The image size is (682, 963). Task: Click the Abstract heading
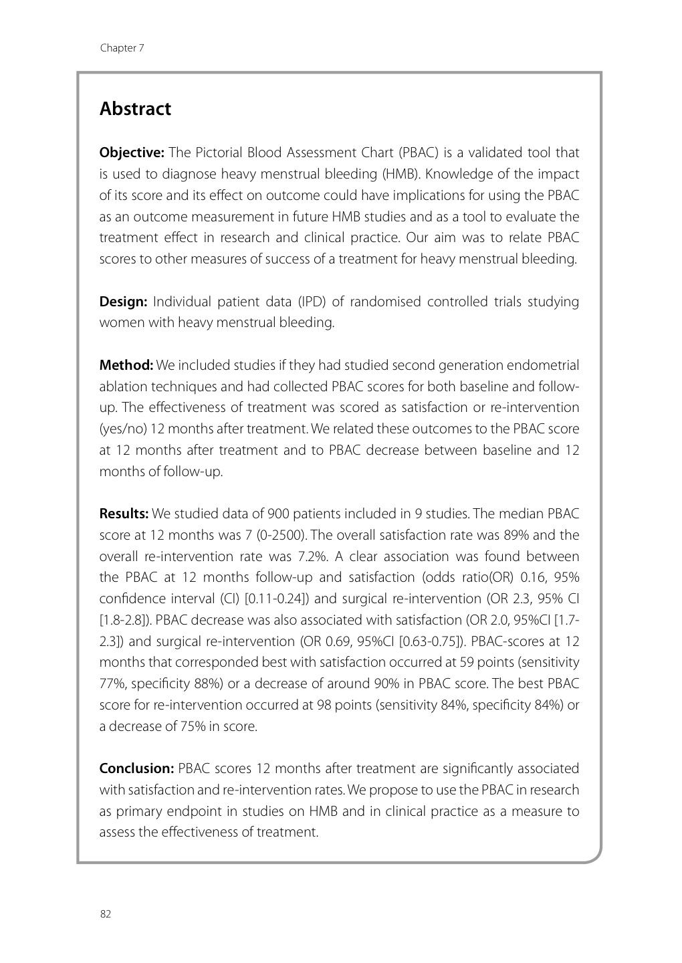(135, 109)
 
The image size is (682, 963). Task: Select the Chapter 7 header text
(122, 48)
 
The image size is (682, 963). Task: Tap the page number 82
(105, 915)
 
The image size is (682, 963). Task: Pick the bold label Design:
(123, 302)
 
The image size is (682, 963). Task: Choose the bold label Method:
(126, 365)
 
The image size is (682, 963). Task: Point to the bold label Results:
(124, 514)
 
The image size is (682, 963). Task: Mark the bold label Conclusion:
(136, 769)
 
